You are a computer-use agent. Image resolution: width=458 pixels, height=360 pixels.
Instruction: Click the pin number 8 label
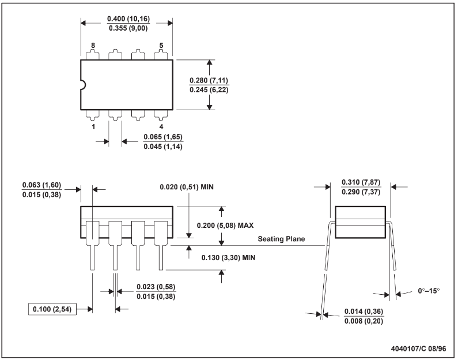point(93,46)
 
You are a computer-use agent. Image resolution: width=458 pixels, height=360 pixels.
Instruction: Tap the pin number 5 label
point(161,46)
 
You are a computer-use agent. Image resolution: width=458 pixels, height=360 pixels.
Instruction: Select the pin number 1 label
point(93,126)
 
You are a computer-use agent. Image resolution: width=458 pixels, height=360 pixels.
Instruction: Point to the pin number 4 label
point(161,126)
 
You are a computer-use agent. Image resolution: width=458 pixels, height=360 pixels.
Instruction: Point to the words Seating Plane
point(281,239)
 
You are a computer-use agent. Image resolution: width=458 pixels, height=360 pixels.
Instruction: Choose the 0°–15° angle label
point(429,291)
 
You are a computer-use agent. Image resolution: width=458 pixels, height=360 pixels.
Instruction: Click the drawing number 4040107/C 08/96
point(419,348)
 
